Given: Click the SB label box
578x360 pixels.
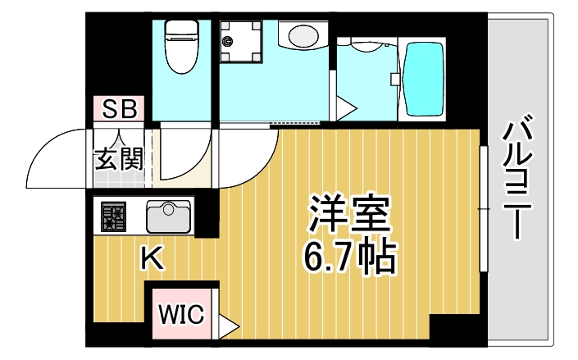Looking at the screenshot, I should (x=119, y=108).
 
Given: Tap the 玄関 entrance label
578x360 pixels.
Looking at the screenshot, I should (x=120, y=158).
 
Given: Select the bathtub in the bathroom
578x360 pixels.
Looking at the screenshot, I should (x=424, y=80).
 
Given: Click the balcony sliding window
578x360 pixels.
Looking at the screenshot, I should (x=484, y=210).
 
